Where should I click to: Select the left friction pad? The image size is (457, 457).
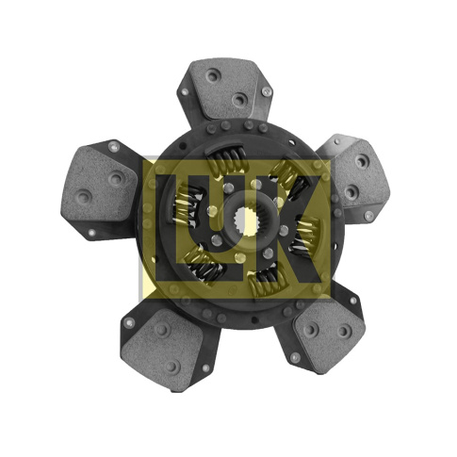(x=98, y=186)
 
